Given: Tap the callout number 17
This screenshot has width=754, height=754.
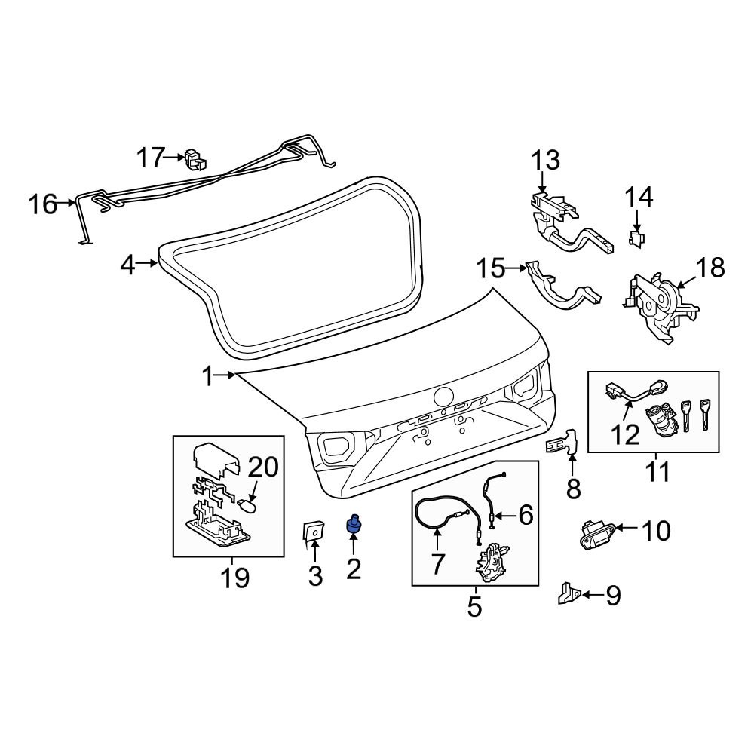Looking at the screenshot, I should click(x=150, y=158).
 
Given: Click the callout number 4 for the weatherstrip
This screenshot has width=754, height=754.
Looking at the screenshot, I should click(x=127, y=265).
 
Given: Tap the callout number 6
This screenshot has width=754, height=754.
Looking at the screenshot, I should click(x=525, y=516).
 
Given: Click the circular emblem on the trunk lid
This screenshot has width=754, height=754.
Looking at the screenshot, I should click(x=443, y=397).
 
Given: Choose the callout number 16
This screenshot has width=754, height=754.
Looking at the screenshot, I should click(x=43, y=204).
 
